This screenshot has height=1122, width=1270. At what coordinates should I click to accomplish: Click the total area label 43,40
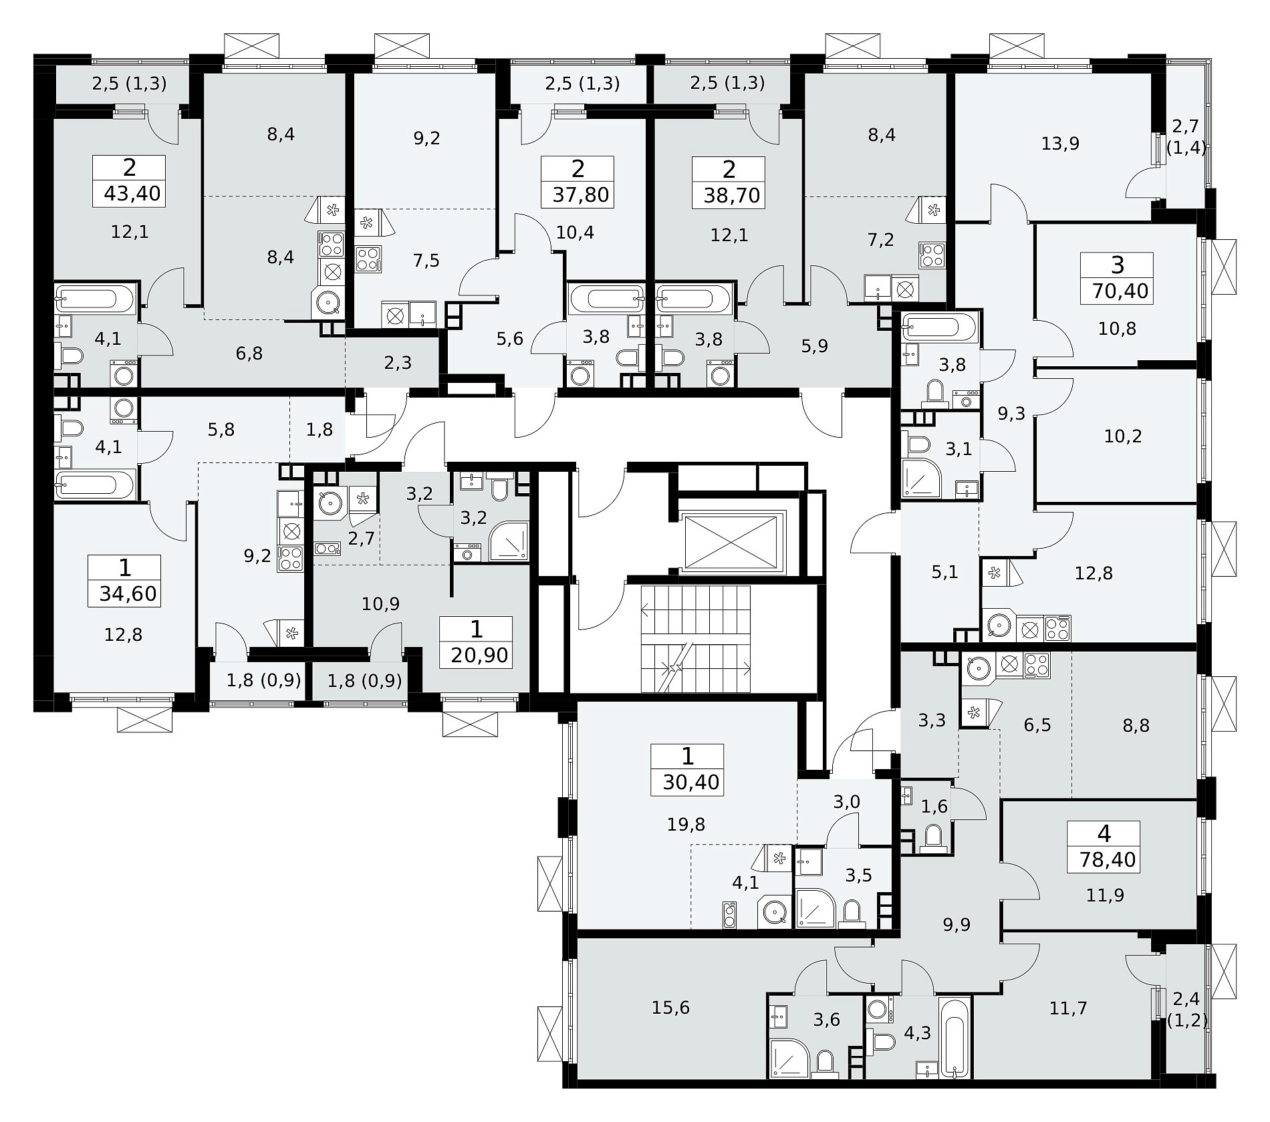(132, 194)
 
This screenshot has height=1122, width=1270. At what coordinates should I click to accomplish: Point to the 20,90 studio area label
(480, 655)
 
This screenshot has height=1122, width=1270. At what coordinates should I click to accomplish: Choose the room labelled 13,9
(1061, 143)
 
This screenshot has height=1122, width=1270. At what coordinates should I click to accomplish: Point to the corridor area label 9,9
(957, 925)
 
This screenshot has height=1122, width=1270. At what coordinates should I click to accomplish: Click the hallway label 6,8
(249, 354)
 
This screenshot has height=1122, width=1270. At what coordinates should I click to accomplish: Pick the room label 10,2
(1123, 436)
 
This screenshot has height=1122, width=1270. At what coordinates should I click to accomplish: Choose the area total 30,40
(690, 782)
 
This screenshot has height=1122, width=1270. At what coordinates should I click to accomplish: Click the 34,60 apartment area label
(128, 593)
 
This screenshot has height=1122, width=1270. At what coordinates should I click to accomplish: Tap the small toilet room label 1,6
(934, 807)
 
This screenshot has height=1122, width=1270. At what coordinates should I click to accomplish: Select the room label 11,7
(1068, 1008)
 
